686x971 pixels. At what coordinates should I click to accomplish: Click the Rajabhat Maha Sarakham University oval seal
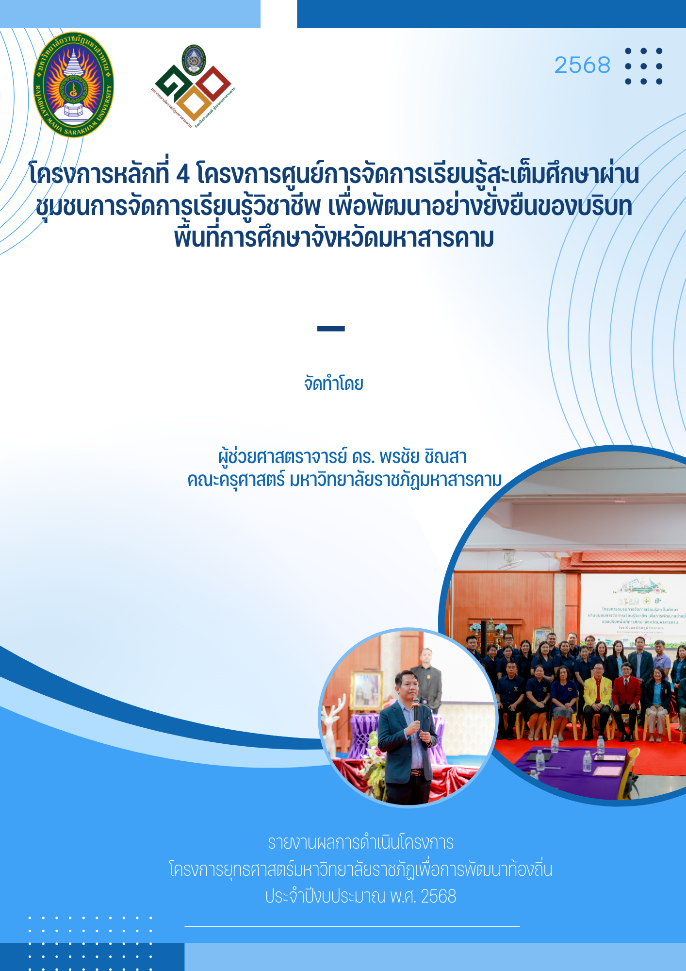[x=74, y=85]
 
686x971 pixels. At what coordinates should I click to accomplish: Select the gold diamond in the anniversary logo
[x=193, y=103]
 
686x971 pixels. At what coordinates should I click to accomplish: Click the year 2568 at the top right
[x=582, y=65]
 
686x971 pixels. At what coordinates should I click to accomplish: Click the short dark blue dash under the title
[x=331, y=329]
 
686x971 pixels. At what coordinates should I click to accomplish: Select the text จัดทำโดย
[x=333, y=384]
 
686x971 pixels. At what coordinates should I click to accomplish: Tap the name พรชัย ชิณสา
[x=423, y=457]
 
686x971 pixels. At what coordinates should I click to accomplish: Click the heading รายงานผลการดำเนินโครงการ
[x=360, y=843]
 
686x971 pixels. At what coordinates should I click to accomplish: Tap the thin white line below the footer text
[x=352, y=926]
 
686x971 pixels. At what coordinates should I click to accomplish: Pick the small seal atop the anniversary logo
[x=194, y=60]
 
